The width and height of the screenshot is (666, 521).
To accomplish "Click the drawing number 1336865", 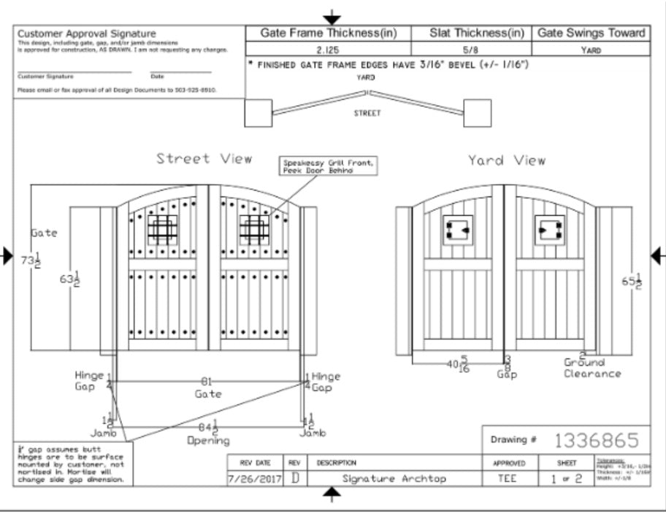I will click(x=597, y=441).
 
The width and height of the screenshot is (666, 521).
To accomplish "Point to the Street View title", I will click(x=204, y=158).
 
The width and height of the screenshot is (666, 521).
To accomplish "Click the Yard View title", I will click(x=507, y=160).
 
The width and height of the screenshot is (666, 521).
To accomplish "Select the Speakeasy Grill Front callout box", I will click(x=328, y=166).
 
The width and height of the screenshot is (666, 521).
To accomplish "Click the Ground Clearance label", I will click(x=592, y=368).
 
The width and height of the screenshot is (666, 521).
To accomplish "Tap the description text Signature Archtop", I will click(x=394, y=479).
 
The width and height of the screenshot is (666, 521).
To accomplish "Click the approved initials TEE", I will click(x=507, y=479).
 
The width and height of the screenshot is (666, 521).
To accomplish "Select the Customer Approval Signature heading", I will click(x=86, y=34).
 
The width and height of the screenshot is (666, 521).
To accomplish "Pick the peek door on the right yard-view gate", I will click(x=548, y=229).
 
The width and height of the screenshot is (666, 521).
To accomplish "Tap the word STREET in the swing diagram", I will click(x=367, y=113).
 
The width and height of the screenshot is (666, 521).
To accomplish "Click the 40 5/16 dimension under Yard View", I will click(x=458, y=364).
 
